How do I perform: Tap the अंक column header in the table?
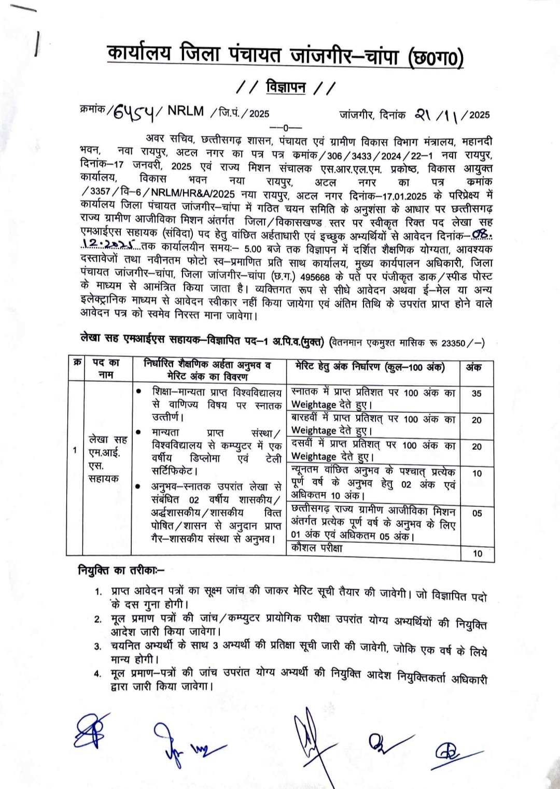click(x=473, y=367)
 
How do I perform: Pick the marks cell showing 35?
click(x=477, y=393)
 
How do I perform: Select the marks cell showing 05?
click(x=477, y=513)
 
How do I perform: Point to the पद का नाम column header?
click(x=106, y=367)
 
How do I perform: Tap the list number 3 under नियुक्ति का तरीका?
click(x=98, y=646)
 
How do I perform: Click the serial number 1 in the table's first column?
click(x=75, y=450)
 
